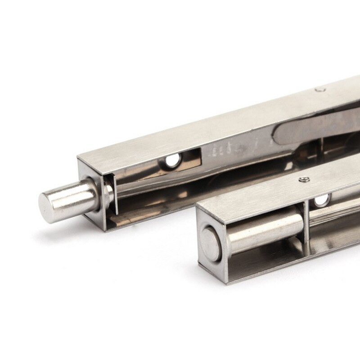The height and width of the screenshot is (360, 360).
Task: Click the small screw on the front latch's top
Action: point(303,180)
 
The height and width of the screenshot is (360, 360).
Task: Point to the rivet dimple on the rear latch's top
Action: point(320,90)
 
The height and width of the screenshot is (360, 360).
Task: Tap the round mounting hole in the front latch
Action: point(320,201)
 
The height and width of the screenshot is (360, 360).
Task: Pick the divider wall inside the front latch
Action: point(306,220)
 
